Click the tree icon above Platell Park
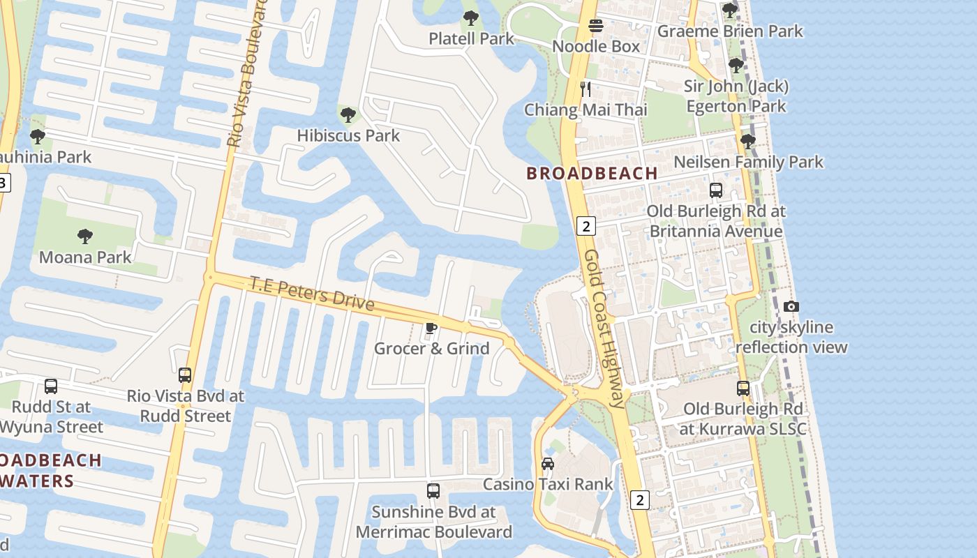(471, 18)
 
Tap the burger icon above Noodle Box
(596, 27)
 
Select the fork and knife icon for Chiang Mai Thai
(586, 89)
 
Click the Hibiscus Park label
(348, 135)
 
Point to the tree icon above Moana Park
(85, 236)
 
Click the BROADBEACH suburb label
(592, 174)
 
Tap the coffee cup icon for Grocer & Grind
(431, 328)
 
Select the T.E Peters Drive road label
(312, 294)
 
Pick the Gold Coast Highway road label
(604, 328)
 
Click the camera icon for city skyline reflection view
(791, 306)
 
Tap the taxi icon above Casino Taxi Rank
(548, 464)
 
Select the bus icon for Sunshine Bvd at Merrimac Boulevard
(433, 491)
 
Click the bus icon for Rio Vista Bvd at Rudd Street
(185, 375)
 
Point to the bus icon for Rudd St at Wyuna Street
(51, 386)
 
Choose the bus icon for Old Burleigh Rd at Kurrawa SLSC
(743, 389)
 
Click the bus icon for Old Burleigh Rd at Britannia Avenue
(715, 190)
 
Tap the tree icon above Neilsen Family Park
(748, 142)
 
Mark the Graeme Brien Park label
(730, 31)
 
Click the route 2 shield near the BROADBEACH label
(586, 225)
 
